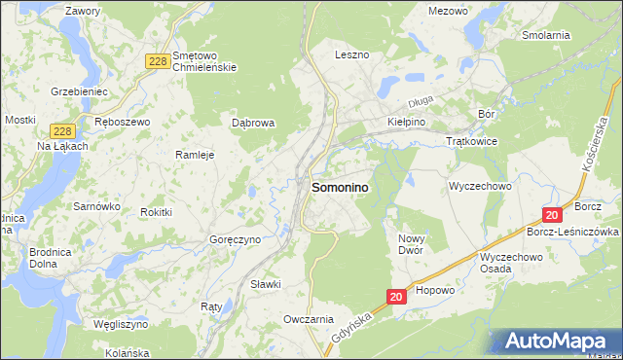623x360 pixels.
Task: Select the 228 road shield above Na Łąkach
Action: click(x=60, y=129)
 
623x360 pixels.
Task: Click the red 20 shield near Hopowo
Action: click(x=396, y=296)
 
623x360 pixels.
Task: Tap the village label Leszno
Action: click(x=351, y=55)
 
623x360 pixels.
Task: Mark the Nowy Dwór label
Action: click(x=416, y=244)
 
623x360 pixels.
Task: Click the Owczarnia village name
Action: click(x=309, y=319)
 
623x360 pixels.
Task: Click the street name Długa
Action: click(x=420, y=99)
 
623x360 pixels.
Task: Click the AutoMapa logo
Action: click(x=556, y=342)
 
